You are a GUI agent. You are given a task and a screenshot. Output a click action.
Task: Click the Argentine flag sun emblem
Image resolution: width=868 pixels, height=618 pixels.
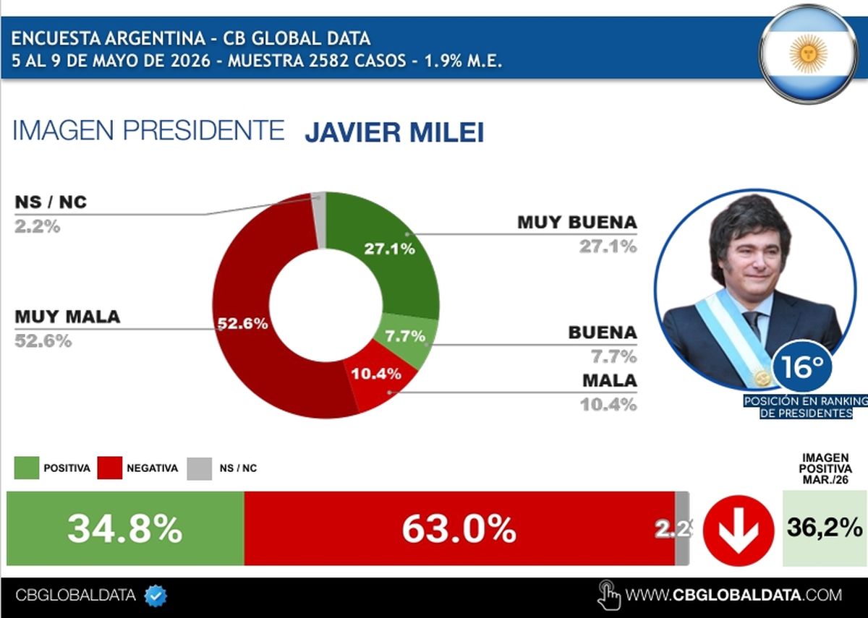click(808, 53)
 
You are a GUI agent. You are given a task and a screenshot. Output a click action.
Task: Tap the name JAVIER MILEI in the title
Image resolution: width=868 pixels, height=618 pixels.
click(394, 132)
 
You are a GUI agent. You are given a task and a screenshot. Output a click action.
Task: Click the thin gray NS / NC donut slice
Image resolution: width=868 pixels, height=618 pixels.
click(319, 219)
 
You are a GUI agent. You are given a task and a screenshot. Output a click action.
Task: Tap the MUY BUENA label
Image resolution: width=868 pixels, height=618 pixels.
click(577, 223)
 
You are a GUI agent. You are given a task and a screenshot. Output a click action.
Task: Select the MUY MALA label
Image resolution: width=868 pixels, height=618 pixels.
click(67, 317)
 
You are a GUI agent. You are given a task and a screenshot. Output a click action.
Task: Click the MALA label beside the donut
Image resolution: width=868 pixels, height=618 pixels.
click(610, 381)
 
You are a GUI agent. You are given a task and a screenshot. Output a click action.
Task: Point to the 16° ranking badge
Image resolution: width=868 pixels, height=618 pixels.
click(801, 366)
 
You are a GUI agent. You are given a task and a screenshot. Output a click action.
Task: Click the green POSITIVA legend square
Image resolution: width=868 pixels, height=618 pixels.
click(26, 468)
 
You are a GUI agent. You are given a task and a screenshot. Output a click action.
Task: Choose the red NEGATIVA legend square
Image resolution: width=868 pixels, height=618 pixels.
click(110, 468)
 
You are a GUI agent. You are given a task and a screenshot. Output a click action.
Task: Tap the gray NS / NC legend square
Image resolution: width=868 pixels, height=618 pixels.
click(199, 468)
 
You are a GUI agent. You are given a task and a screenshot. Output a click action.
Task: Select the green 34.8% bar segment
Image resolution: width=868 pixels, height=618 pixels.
click(125, 528)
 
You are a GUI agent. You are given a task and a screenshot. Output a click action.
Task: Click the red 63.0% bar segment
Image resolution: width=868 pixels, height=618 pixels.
click(459, 528)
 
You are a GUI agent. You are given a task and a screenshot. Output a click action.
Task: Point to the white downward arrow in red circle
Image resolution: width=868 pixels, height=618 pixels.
click(739, 531)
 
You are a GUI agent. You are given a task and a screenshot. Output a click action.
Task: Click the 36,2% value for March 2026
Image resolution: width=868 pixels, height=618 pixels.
click(825, 527)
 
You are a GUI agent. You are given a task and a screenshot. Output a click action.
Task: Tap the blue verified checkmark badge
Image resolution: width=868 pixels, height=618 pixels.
click(156, 596)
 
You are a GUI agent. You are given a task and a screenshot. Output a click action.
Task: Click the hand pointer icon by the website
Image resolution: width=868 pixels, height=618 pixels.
click(609, 595)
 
